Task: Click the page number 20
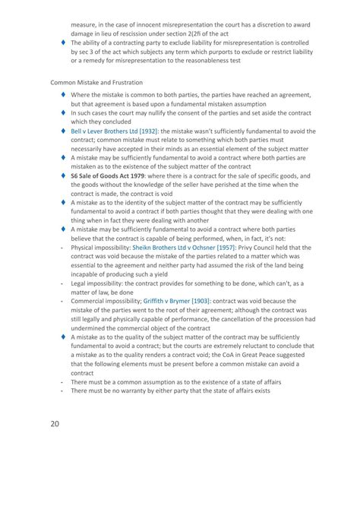point(57,424)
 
